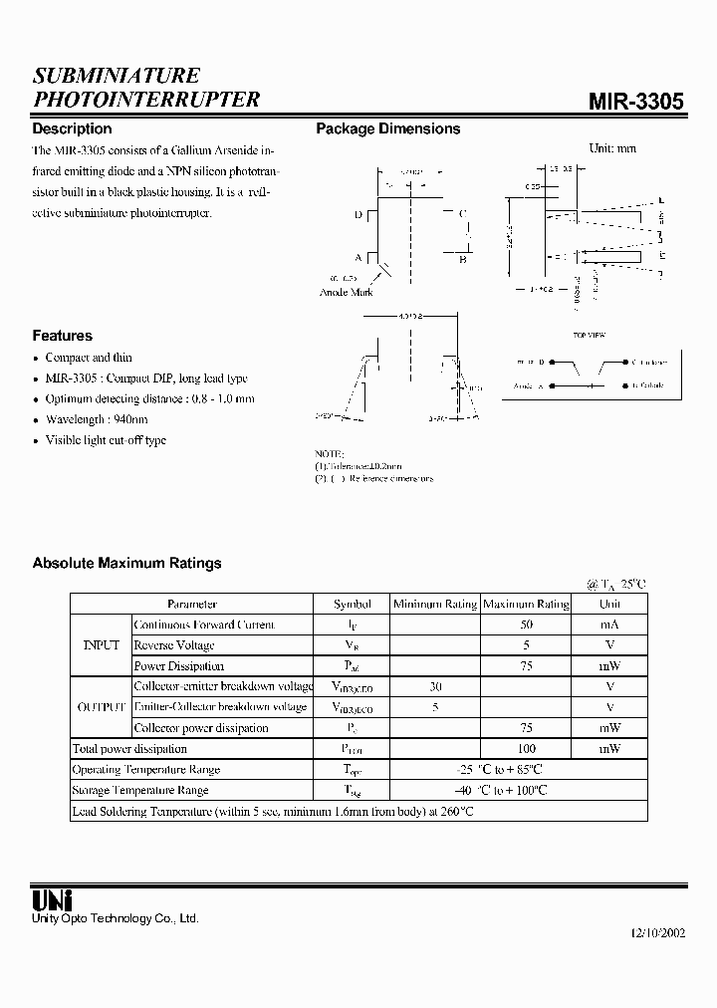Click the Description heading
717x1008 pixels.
[72, 128]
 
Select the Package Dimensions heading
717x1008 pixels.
[387, 128]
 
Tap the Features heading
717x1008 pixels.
[62, 336]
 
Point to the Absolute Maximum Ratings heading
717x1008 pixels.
[126, 563]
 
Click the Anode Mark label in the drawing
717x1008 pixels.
[347, 292]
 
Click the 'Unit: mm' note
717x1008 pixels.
[612, 148]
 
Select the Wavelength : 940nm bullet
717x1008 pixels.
[96, 419]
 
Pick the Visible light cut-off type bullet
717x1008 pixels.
[106, 440]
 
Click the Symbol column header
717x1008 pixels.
[352, 604]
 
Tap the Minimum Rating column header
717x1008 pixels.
[434, 604]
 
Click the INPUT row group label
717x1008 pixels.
[101, 645]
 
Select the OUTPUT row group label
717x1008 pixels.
[101, 707]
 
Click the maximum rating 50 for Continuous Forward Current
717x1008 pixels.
[526, 625]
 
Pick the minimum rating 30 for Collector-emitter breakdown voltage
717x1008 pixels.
[434, 686]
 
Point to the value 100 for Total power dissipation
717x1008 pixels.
[526, 748]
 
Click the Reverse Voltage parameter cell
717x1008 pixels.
[174, 645]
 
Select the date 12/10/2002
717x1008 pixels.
[658, 937]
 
